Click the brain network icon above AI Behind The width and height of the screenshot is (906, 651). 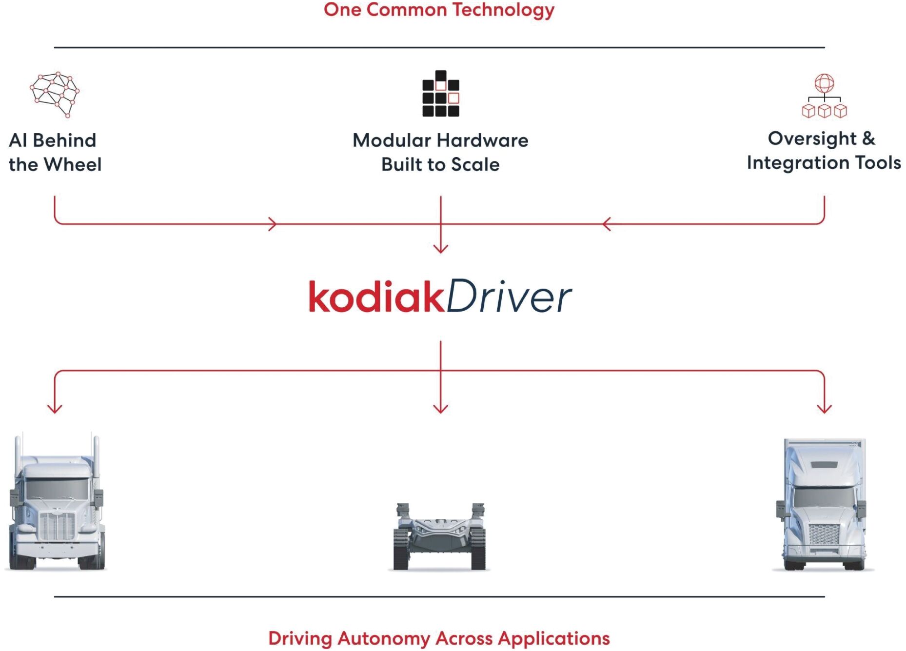[x=55, y=94]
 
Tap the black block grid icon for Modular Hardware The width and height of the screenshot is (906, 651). [x=440, y=94]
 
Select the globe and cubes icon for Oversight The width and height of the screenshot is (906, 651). [x=824, y=96]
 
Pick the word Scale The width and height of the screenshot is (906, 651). [x=475, y=165]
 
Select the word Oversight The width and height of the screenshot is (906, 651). [x=812, y=138]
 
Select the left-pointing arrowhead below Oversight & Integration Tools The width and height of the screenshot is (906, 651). [x=606, y=224]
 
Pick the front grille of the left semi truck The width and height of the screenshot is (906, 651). [x=57, y=526]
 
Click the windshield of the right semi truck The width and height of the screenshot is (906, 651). [x=824, y=497]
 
